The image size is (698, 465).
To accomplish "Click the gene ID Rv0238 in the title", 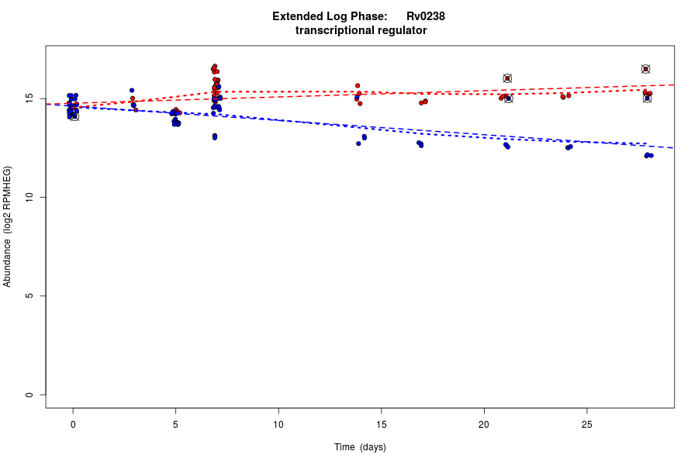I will [425, 16].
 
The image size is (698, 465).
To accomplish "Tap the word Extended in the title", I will [299, 16].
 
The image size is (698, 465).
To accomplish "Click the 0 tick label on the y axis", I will [29, 394].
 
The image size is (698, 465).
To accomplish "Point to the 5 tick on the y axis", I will [29, 296].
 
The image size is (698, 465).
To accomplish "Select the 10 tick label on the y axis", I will [29, 198].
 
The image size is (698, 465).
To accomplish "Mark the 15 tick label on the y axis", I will [29, 99].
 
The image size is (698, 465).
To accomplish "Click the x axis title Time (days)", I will [360, 447].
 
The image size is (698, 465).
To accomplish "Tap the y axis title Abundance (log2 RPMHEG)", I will [8, 226].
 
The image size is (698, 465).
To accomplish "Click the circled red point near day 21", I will [507, 78].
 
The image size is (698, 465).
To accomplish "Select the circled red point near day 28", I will [645, 69].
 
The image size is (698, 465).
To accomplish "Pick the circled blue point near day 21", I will [509, 98].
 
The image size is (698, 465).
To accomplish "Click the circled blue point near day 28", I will [647, 98].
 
